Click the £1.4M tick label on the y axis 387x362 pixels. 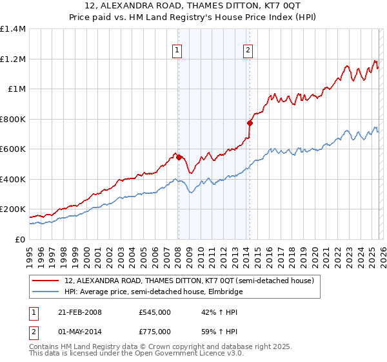pos(13,29)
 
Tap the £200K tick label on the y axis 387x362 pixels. pos(12,209)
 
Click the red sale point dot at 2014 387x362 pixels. pos(249,123)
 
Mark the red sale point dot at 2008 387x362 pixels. pos(179,157)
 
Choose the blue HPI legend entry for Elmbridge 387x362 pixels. pos(153,292)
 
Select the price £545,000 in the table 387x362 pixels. pos(154,312)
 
